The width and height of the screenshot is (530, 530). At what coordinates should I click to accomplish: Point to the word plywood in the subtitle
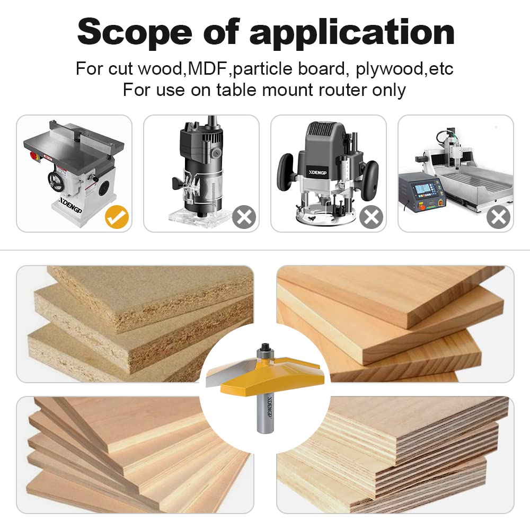tap(392, 69)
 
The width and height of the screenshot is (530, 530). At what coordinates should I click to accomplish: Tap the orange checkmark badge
tap(117, 217)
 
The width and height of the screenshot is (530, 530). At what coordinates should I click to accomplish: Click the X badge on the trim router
tap(244, 217)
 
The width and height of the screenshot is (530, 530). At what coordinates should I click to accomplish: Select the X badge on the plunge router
tap(372, 217)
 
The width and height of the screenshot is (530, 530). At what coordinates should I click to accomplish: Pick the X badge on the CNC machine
tap(499, 217)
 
